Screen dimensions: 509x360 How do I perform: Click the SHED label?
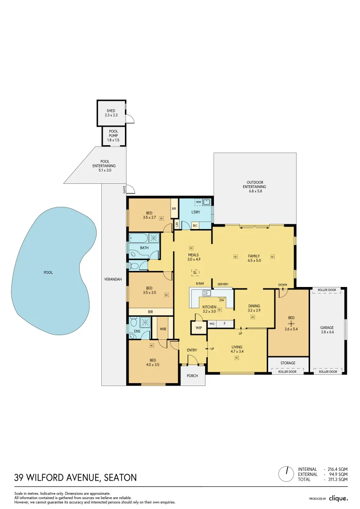point(111,111)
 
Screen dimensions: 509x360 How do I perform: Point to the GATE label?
point(125,190)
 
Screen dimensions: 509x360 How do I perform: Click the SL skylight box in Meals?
point(195,272)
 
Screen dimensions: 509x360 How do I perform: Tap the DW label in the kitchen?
point(221,300)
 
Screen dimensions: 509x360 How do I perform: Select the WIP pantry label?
point(198,328)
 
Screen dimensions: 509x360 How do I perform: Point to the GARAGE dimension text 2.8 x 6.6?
point(327,333)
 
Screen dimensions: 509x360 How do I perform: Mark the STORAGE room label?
point(288,363)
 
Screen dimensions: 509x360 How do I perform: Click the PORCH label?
point(192,376)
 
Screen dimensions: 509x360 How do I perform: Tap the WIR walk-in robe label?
point(163,328)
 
